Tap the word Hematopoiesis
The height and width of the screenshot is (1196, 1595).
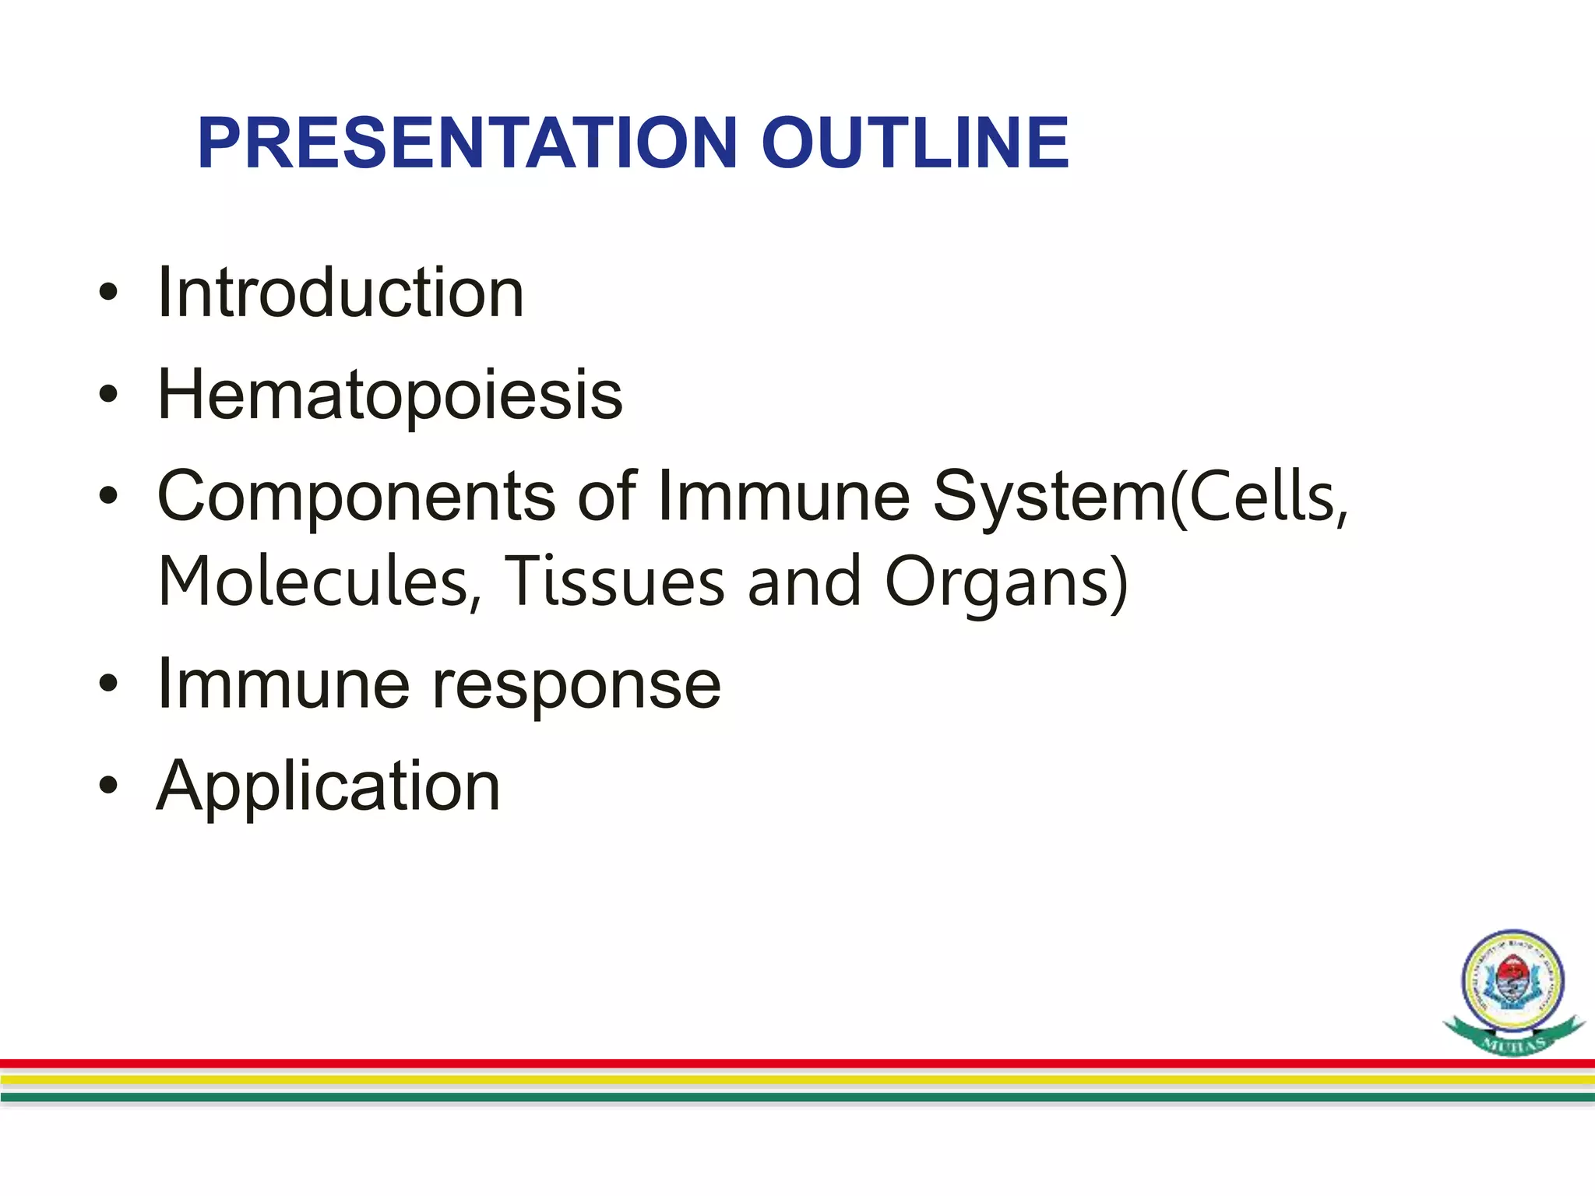tap(389, 396)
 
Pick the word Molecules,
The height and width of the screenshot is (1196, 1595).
tap(319, 582)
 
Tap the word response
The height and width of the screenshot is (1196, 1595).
tap(576, 685)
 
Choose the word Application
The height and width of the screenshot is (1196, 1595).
tap(328, 786)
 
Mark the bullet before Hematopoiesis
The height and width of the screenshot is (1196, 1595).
tap(108, 396)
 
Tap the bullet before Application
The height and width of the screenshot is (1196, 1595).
tap(108, 786)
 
